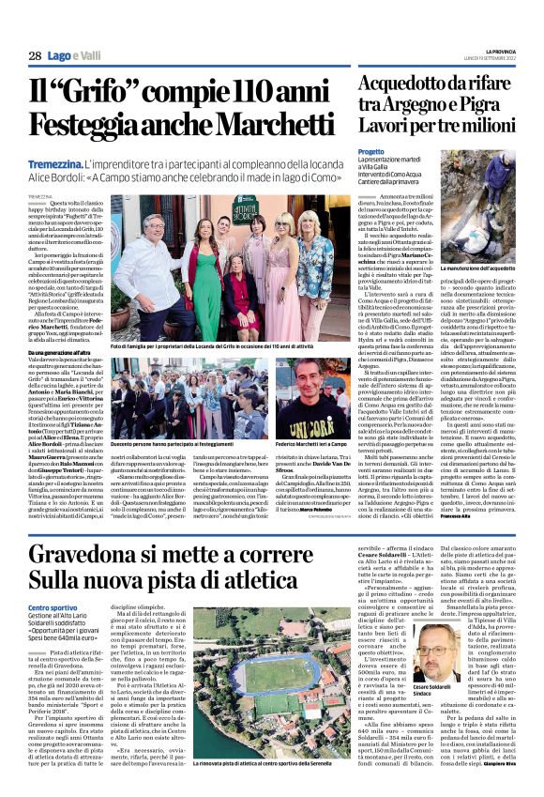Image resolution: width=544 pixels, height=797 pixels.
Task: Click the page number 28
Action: [x=34, y=56]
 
